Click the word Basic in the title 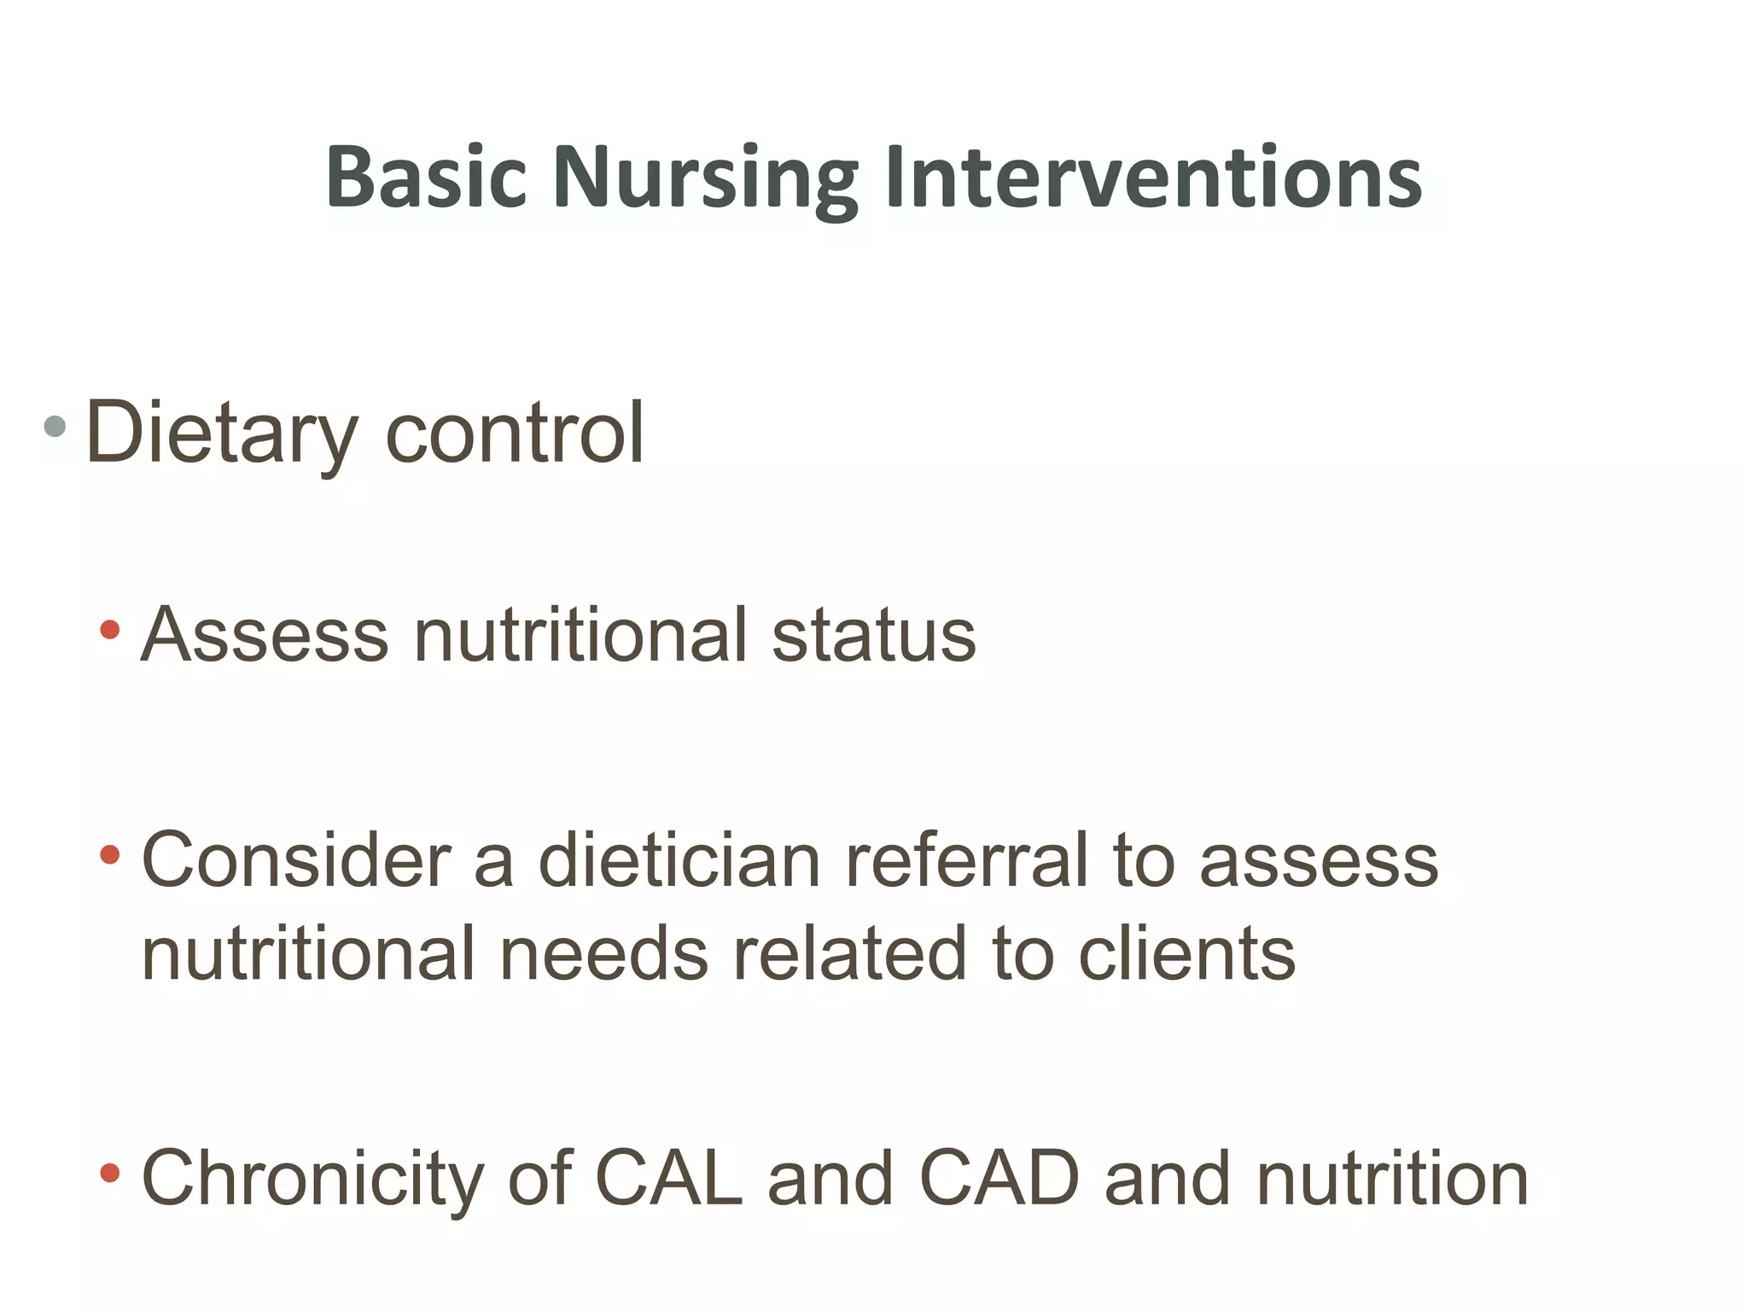click(x=426, y=177)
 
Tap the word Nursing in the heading click(x=705, y=177)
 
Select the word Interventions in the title click(x=1153, y=177)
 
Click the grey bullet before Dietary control click(x=55, y=426)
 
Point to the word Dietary click(x=221, y=434)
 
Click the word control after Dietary click(x=515, y=434)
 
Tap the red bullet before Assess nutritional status click(x=109, y=630)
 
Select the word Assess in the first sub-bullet click(x=265, y=635)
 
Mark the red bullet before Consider click(x=109, y=854)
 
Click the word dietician click(x=679, y=860)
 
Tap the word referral click(x=966, y=860)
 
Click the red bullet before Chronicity click(x=109, y=1173)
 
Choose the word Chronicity click(x=312, y=1180)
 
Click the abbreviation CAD click(x=999, y=1180)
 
